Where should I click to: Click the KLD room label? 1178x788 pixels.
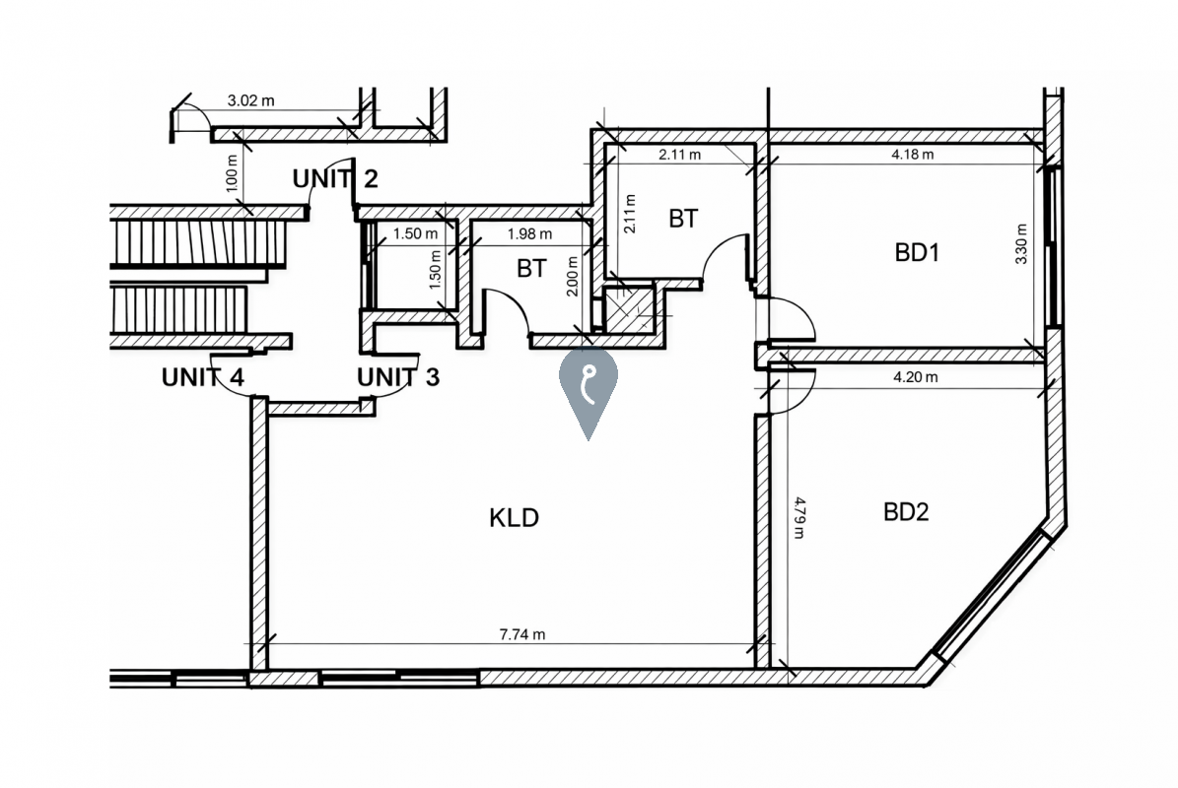pos(514,518)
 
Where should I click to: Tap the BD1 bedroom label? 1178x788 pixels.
pos(917,253)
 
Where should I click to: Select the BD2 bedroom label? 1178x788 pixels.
pos(906,512)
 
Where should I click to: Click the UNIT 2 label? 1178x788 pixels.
pos(335,179)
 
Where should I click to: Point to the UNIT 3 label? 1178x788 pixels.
pos(398,376)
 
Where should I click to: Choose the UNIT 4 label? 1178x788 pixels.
pos(203,376)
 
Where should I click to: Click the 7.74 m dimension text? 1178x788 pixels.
pos(522,634)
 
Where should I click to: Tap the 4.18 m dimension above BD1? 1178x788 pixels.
pos(913,155)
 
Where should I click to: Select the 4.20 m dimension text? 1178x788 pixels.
pos(915,376)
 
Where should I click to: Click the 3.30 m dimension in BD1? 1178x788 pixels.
pos(1020,244)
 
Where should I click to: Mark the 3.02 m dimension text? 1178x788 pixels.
pos(251,100)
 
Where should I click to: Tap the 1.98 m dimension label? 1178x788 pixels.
pos(529,234)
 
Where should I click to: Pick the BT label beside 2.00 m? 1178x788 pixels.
pos(532,268)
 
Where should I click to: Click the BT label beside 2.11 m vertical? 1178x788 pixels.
pos(683,219)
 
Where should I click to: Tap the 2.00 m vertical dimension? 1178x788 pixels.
pos(573,276)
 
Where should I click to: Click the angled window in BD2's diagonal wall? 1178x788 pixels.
pos(990,594)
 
